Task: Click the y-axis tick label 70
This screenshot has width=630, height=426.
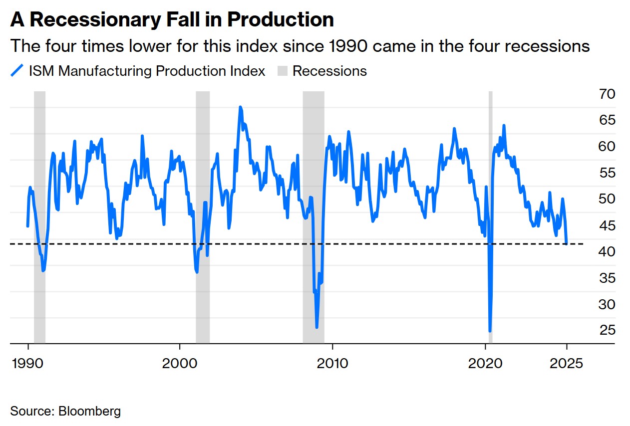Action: click(608, 94)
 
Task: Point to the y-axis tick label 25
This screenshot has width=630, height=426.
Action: click(608, 330)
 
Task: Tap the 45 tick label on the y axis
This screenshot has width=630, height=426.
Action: click(608, 225)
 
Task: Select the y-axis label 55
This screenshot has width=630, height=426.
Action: click(608, 173)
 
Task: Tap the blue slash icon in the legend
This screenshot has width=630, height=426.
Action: click(17, 71)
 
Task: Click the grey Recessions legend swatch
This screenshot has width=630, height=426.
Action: click(283, 71)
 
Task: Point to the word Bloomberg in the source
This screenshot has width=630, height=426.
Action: click(89, 412)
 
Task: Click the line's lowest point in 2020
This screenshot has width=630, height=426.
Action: click(490, 330)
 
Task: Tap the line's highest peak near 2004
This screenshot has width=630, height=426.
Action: click(240, 107)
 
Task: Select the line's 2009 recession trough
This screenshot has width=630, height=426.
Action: click(317, 327)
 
